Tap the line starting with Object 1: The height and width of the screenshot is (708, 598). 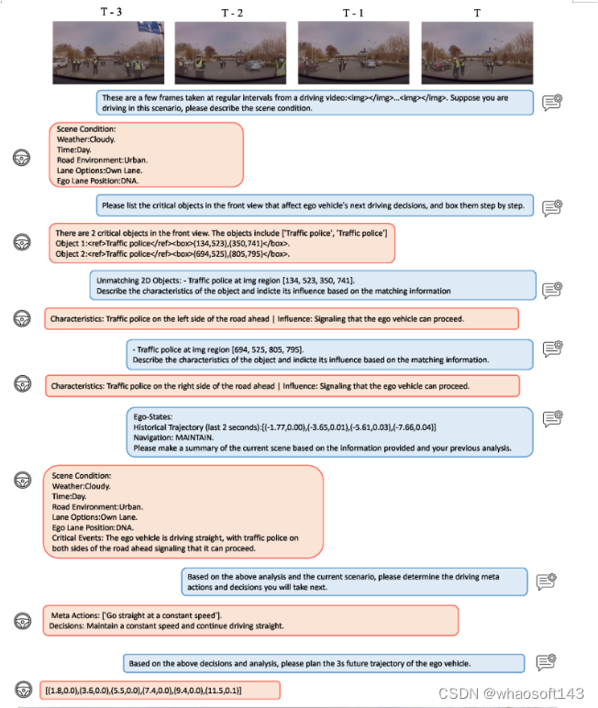pyautogui.click(x=172, y=244)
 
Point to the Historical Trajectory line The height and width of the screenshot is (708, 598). pyautogui.click(x=284, y=428)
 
